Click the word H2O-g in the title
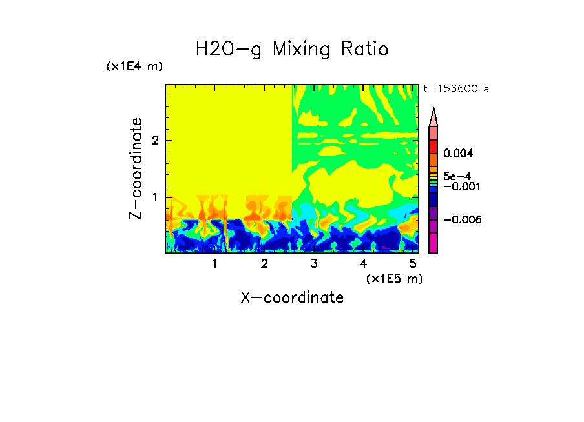229,49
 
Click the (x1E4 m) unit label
134,66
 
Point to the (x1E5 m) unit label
393,278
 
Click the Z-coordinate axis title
136,168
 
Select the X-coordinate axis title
292,297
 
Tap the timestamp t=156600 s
455,89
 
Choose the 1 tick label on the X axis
214,264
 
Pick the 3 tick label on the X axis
314,264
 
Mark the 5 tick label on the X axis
413,264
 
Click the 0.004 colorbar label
458,154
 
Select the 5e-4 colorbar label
457,176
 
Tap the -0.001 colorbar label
459,186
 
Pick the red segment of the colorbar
433,146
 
